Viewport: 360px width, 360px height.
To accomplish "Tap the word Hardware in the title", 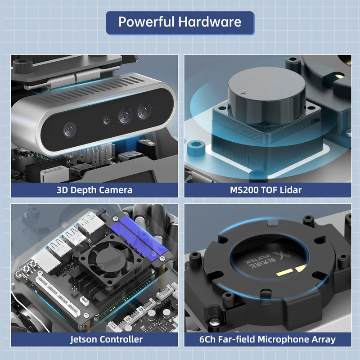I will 210,22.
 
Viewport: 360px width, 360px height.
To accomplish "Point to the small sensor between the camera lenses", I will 106,120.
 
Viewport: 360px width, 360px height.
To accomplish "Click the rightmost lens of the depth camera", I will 144,111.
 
